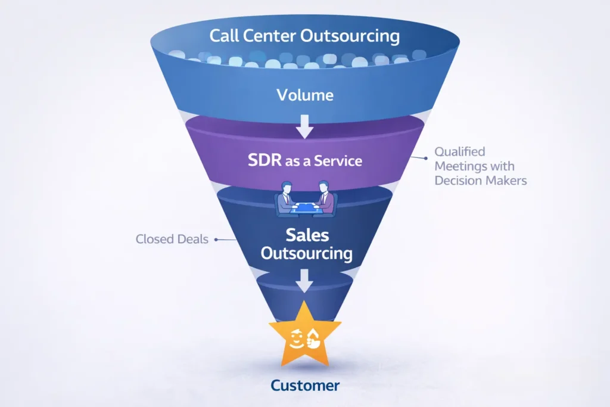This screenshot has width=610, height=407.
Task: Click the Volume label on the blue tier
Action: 305,95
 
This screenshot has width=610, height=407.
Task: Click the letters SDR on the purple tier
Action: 264,161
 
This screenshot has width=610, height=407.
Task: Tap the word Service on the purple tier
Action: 338,161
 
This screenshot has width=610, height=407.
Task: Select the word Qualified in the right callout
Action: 460,152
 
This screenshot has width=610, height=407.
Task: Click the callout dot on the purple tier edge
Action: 426,159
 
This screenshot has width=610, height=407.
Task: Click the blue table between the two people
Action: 305,208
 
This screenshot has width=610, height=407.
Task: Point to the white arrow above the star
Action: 304,280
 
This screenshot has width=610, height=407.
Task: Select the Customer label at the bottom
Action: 305,386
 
